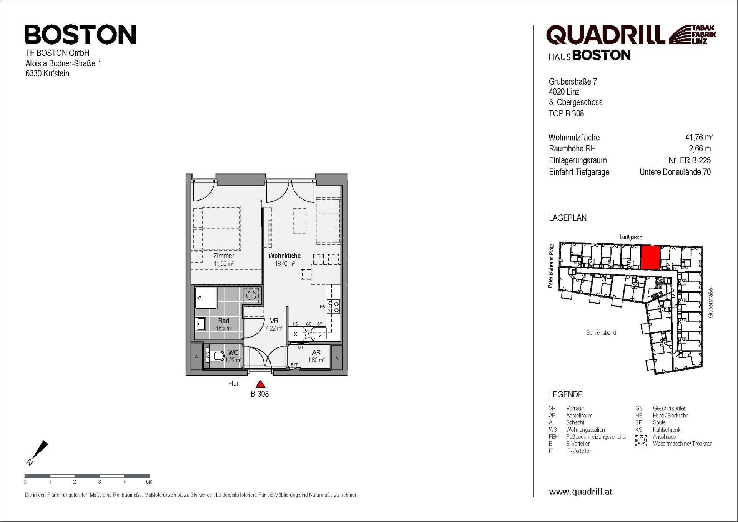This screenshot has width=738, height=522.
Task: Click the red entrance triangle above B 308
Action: click(261, 384)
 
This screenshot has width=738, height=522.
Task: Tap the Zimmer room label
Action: click(224, 256)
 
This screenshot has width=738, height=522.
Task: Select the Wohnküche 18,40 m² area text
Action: click(284, 260)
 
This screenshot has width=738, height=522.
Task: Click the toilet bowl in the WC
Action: click(219, 356)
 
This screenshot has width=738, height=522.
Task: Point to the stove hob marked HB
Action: click(333, 306)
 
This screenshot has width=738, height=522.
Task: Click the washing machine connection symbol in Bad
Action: click(251, 295)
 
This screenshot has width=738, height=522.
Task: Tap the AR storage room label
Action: click(316, 352)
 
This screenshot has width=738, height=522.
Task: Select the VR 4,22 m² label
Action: click(274, 324)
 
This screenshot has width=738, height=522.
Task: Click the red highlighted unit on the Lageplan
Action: click(650, 258)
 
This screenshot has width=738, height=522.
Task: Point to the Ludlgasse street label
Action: click(631, 238)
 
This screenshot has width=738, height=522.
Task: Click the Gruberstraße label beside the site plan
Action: click(710, 303)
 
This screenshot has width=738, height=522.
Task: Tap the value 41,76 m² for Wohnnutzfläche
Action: click(698, 137)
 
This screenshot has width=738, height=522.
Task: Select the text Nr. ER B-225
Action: click(689, 160)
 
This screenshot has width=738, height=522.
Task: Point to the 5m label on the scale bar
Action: click(149, 482)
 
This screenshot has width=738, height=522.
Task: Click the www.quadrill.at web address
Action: click(580, 491)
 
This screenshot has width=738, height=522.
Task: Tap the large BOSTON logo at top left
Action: click(80, 35)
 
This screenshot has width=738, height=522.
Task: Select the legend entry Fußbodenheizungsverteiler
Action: click(596, 437)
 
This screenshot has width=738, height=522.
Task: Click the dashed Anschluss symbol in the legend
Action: click(641, 440)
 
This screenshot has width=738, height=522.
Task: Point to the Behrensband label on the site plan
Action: click(601, 333)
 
